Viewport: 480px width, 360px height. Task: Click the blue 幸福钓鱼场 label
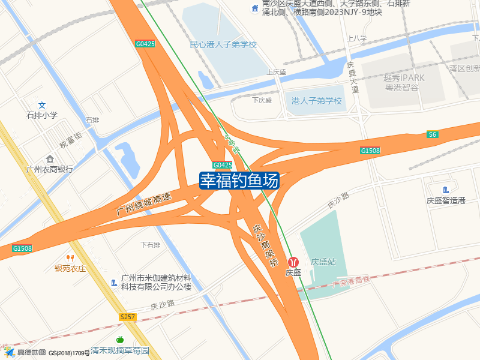[239, 180]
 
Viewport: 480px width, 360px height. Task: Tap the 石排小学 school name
[42, 115]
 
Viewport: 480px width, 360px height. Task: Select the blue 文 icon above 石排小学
[42, 105]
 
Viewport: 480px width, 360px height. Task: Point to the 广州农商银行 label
[50, 169]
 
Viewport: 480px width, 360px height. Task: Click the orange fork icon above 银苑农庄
[70, 258]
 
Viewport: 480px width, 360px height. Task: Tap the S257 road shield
[128, 316]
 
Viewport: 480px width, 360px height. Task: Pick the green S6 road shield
[433, 134]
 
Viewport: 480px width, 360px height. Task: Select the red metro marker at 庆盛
[294, 262]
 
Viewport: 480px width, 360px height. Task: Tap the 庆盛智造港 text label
[446, 200]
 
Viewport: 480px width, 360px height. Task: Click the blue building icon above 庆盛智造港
[445, 190]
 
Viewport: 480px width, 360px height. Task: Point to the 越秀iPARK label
[404, 78]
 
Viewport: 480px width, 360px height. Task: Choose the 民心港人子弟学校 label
[223, 44]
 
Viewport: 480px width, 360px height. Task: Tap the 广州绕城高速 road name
[144, 204]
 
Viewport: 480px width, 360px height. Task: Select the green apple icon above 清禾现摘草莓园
[119, 340]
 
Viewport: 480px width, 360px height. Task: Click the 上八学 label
[356, 38]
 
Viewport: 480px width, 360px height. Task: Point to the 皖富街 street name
[70, 142]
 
